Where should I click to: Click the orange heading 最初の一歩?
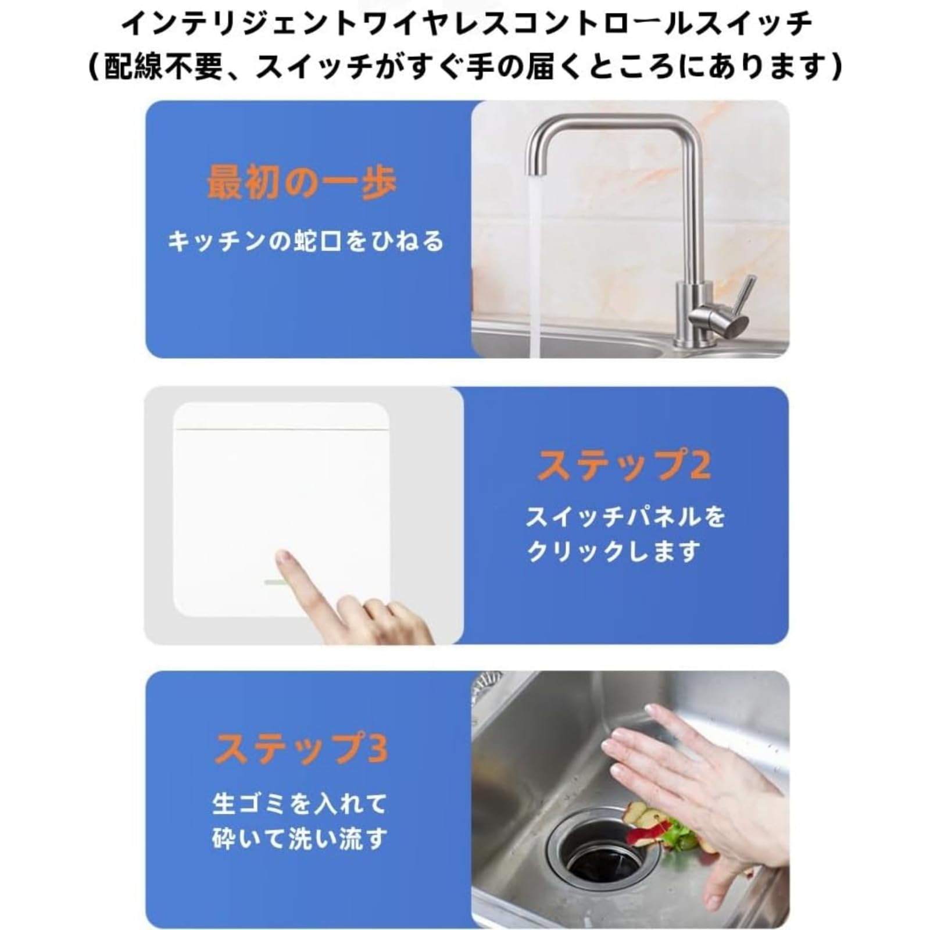pyautogui.click(x=302, y=183)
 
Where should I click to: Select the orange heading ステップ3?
pyautogui.click(x=301, y=748)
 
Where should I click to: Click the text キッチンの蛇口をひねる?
pyautogui.click(x=306, y=241)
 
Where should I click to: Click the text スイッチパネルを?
pyautogui.click(x=625, y=516)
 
